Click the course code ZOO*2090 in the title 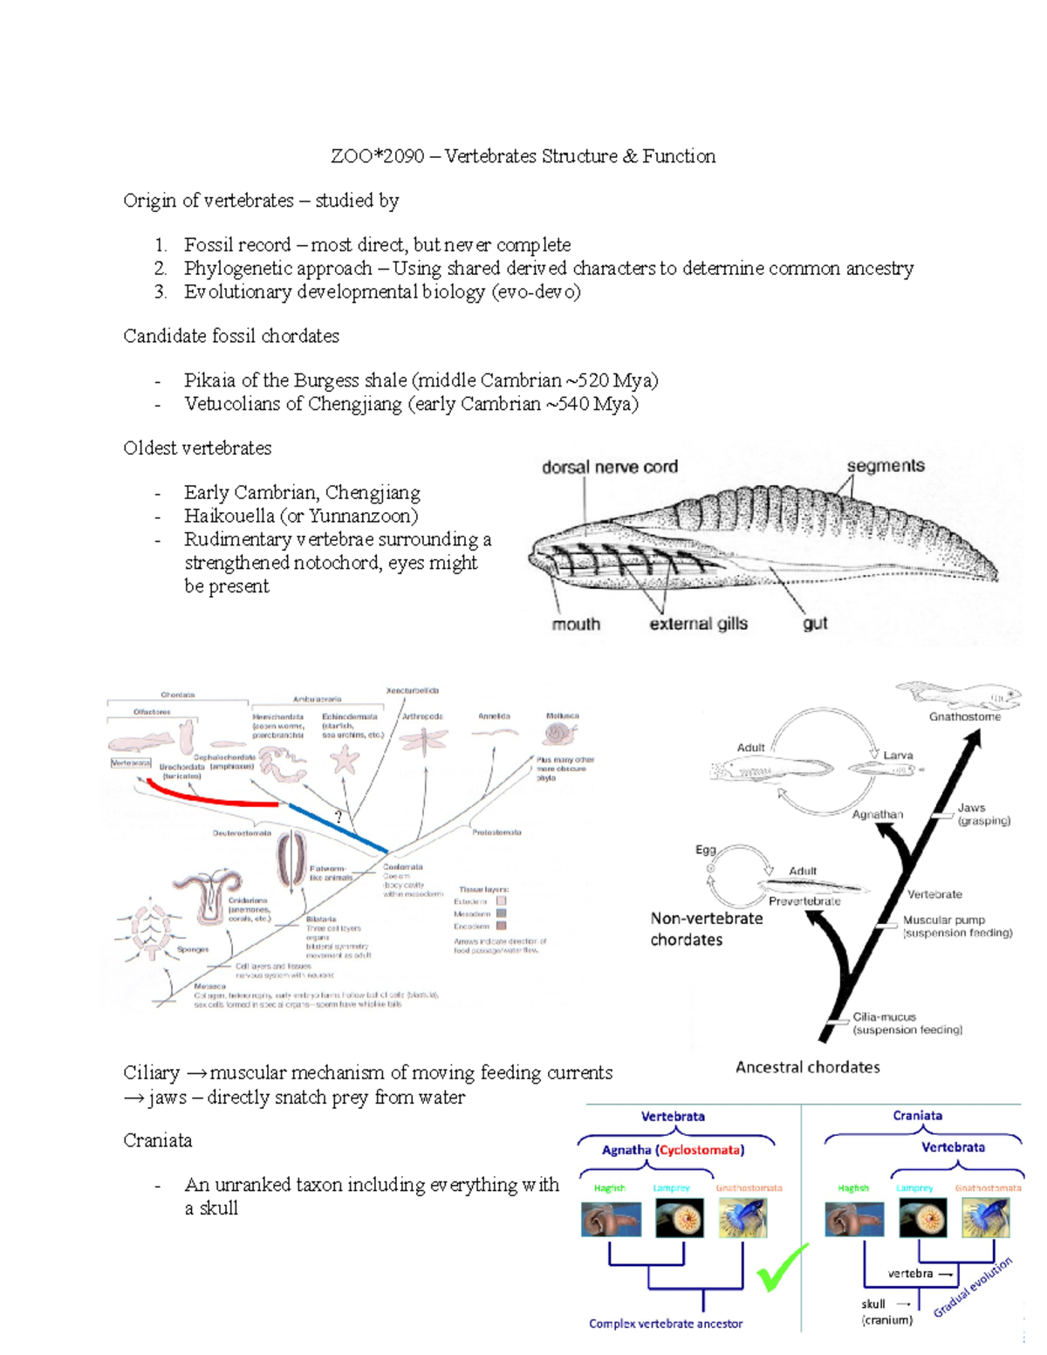[377, 156]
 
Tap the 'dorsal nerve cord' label [609, 467]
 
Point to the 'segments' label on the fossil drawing [885, 466]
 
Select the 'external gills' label [698, 624]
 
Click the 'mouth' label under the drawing [576, 624]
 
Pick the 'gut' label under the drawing [815, 624]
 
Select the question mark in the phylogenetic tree [339, 818]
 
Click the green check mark [781, 1268]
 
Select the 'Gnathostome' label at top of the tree [964, 717]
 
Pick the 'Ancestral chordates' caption [807, 1067]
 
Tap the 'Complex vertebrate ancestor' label [666, 1324]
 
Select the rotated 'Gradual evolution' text [973, 1287]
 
